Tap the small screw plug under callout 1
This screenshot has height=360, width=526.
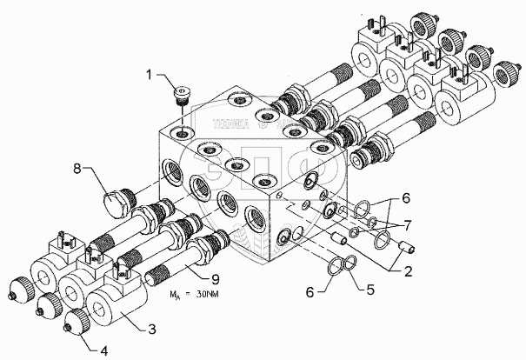[182, 93]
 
